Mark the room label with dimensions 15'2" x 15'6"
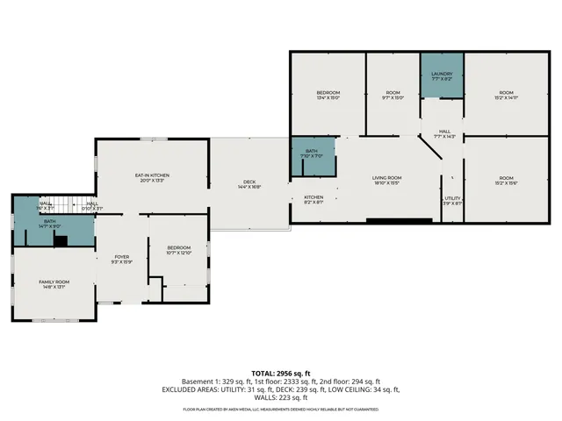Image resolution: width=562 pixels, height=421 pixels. point(506,181)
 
